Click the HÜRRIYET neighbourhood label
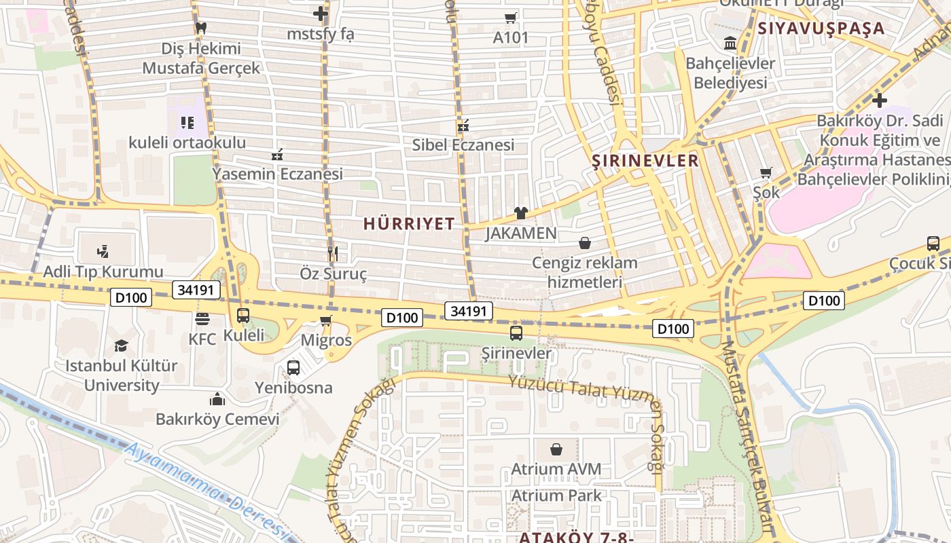(x=409, y=224)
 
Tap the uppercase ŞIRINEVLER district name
(x=645, y=160)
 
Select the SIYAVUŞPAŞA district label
(x=821, y=29)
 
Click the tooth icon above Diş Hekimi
(x=200, y=29)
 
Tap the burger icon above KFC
(x=202, y=318)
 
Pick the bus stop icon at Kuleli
(x=243, y=316)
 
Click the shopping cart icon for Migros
(x=326, y=320)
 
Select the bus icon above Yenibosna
(x=293, y=368)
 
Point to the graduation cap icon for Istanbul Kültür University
(x=121, y=345)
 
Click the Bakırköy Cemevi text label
(x=217, y=419)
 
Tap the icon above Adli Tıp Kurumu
(x=103, y=252)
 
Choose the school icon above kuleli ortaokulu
(x=187, y=123)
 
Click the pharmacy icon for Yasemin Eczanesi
(x=277, y=155)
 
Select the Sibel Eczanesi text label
(x=463, y=145)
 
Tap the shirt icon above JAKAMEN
(x=521, y=213)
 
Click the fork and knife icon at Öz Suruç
(x=333, y=254)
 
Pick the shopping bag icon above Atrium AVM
(x=556, y=449)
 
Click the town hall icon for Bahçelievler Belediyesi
(x=730, y=43)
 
